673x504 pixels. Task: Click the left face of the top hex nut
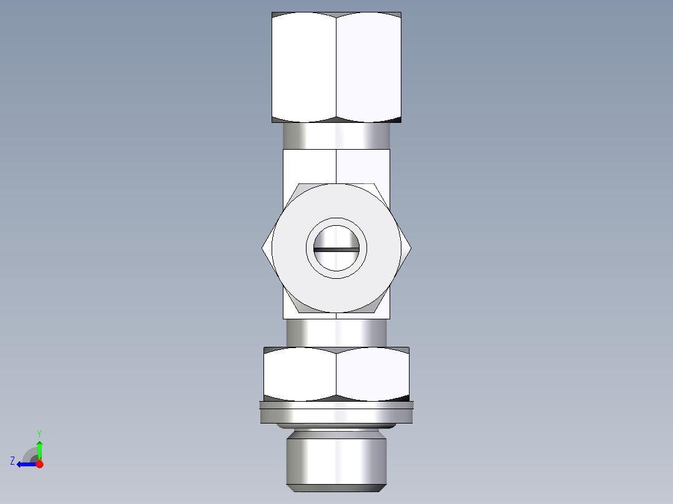pos(305,67)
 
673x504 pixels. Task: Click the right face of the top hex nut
pos(368,67)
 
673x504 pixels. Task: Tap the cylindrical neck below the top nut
pos(336,136)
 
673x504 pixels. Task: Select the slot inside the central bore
pos(336,250)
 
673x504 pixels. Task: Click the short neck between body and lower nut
pos(336,332)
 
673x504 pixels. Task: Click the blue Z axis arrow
pos(25,464)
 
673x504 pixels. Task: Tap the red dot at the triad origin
pos(39,464)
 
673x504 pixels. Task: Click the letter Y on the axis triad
pos(39,433)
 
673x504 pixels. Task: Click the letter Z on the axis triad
pos(12,461)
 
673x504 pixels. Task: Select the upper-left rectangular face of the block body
pos(310,166)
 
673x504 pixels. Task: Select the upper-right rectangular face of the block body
pos(363,166)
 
